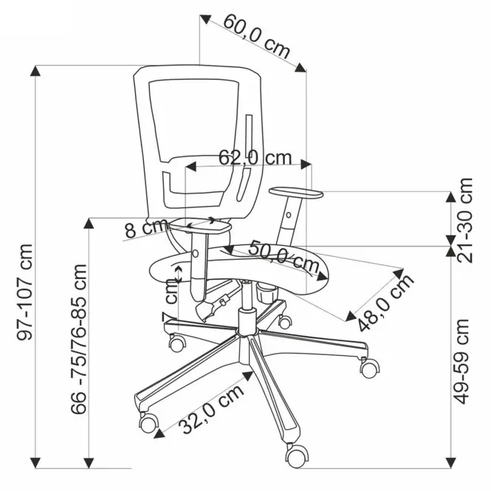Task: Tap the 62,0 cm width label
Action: pos(255,157)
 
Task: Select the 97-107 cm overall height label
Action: pos(24,292)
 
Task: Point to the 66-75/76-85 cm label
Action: pos(78,340)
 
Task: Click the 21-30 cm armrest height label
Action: pos(464,220)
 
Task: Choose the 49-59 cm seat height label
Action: pos(461,362)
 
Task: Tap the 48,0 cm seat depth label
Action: pos(385,303)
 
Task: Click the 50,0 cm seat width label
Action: pos(284,256)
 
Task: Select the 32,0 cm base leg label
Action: pos(212,408)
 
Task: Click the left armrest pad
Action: pos(200,226)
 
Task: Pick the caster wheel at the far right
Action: pos(369,368)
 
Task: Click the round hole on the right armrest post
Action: pos(289,215)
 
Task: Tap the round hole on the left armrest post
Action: pos(196,253)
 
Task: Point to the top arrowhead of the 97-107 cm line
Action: pos(35,71)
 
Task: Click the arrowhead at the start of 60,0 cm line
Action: pos(205,19)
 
